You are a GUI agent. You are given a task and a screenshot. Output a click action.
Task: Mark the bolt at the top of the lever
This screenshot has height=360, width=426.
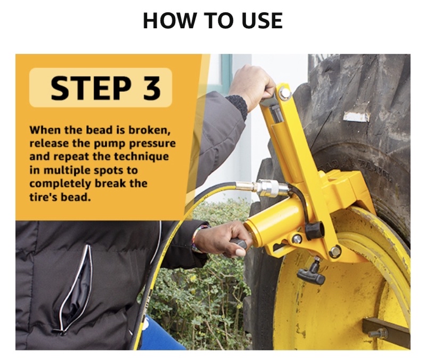tap(285, 93)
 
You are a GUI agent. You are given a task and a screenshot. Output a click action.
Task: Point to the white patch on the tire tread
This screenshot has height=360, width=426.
tap(356, 117)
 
